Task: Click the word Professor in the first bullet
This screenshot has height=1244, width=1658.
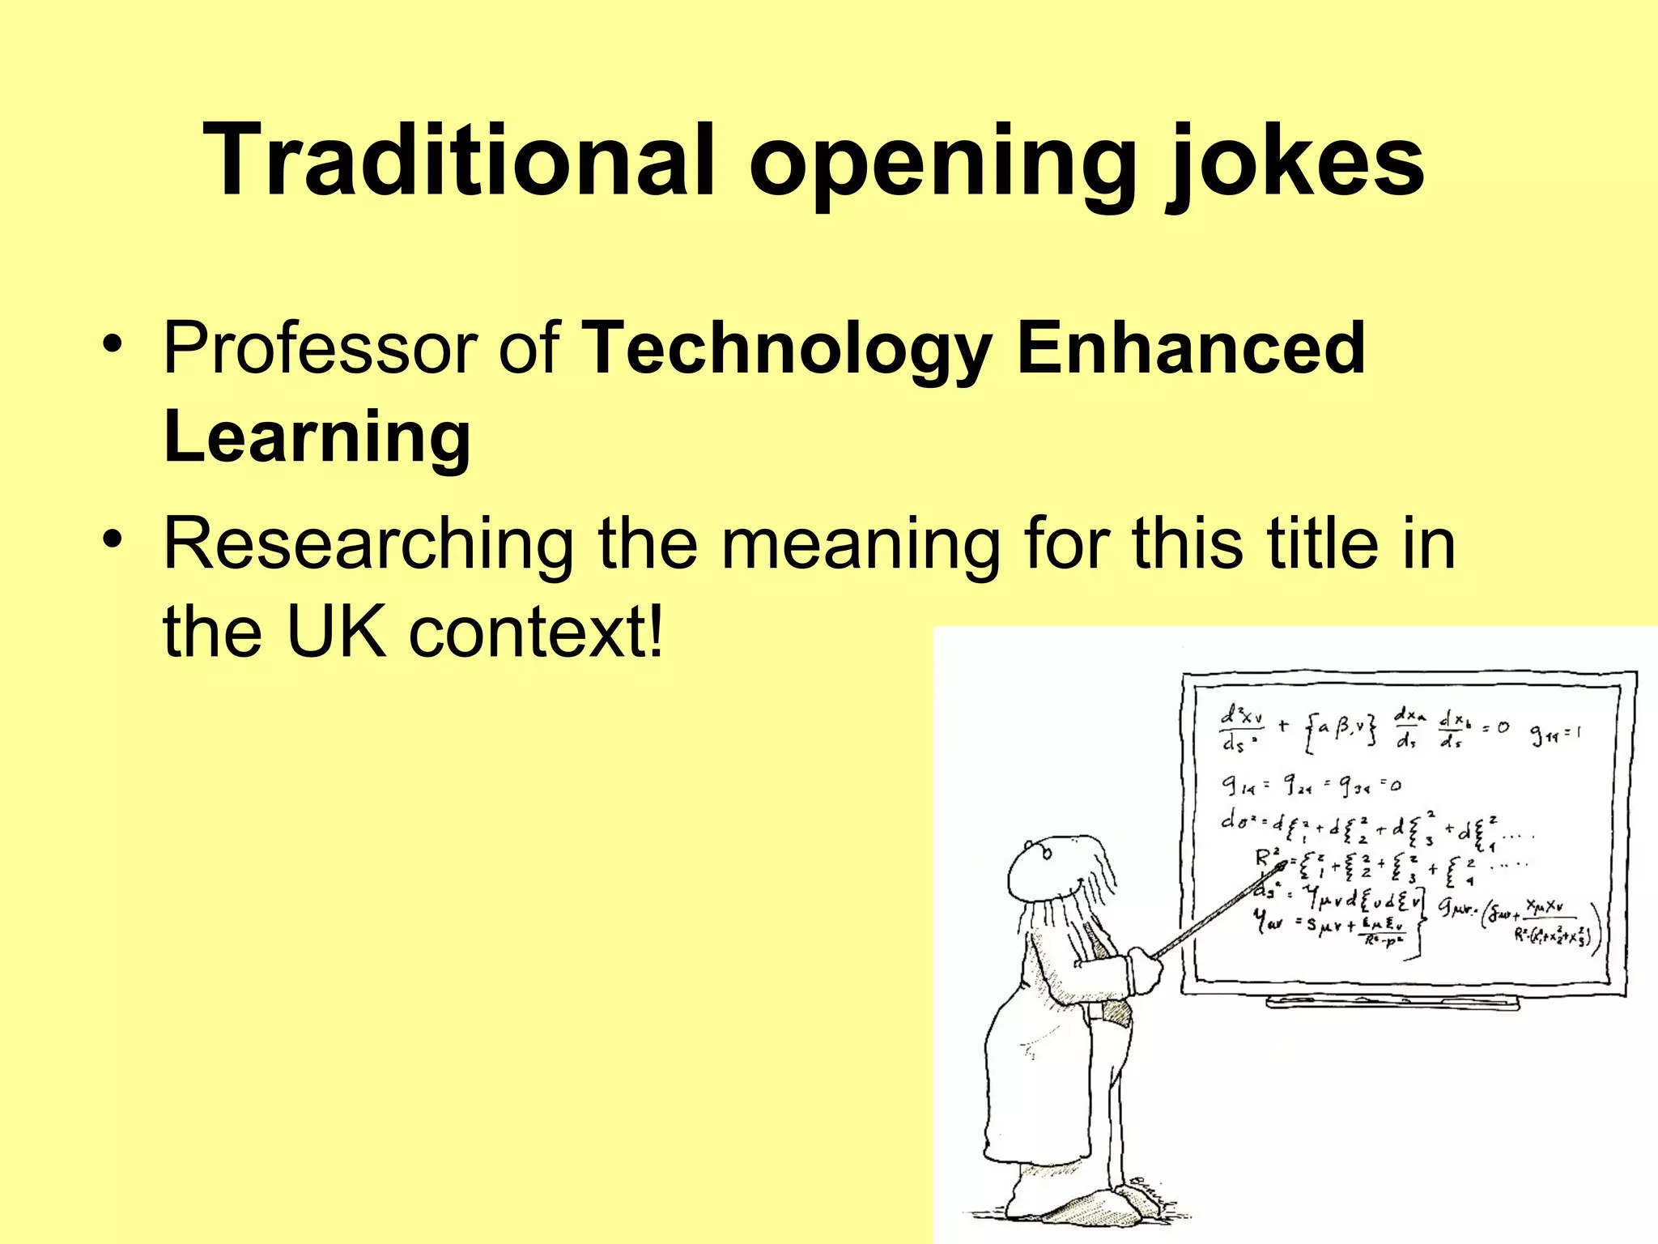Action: pyautogui.click(x=320, y=348)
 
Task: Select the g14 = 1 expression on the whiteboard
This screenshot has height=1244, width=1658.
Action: pyautogui.click(x=1555, y=735)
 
